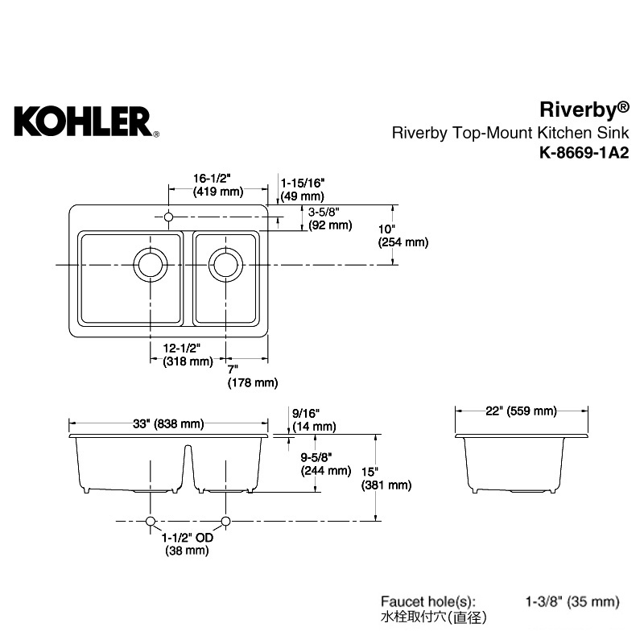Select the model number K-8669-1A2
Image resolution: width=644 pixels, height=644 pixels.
(x=584, y=153)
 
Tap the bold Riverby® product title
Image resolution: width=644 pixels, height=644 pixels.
(x=584, y=109)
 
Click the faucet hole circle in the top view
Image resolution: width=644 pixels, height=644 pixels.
(x=168, y=217)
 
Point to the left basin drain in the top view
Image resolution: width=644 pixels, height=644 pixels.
(x=151, y=265)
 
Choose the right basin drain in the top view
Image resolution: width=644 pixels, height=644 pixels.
(x=225, y=265)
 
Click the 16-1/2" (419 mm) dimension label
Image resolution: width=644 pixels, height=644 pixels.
(x=218, y=185)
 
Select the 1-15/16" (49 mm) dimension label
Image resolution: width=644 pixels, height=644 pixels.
(x=303, y=189)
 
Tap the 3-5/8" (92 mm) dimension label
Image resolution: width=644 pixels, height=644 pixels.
(x=330, y=218)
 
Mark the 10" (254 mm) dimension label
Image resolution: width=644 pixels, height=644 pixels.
(x=403, y=236)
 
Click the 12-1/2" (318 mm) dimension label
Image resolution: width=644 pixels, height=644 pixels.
(x=188, y=355)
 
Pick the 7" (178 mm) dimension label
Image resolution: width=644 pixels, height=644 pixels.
(x=253, y=376)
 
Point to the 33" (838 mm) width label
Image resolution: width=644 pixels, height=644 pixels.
(x=168, y=423)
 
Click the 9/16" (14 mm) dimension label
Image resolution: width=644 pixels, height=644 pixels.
(x=314, y=420)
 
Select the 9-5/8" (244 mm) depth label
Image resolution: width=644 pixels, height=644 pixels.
(x=326, y=464)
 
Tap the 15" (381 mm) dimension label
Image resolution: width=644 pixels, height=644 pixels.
(x=386, y=478)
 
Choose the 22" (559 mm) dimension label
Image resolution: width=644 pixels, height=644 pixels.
(x=521, y=411)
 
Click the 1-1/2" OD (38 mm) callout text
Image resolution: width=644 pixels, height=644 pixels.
(x=188, y=544)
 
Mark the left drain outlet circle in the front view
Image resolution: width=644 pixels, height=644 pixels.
(x=151, y=521)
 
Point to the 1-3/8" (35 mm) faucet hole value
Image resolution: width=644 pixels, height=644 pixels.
(x=572, y=601)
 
